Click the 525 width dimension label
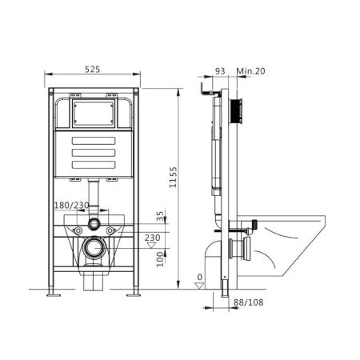(93, 70)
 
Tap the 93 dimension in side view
(221, 72)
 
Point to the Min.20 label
(250, 72)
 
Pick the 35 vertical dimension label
(162, 217)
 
